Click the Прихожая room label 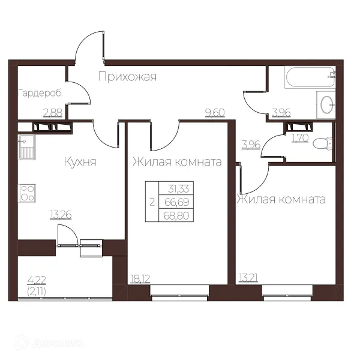click(127, 77)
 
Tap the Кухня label click(80, 162)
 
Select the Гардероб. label click(40, 94)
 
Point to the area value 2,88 click(53, 113)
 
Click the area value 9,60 click(215, 113)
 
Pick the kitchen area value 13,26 click(61, 215)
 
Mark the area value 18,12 click(140, 279)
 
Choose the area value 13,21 click(248, 278)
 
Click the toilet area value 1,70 click(300, 138)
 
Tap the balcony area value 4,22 click(37, 280)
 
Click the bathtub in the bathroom click(310, 77)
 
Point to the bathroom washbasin click(326, 104)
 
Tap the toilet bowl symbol click(323, 143)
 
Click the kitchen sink click(27, 147)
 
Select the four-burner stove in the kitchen click(28, 193)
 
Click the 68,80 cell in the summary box click(176, 215)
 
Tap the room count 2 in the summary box click(152, 203)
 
